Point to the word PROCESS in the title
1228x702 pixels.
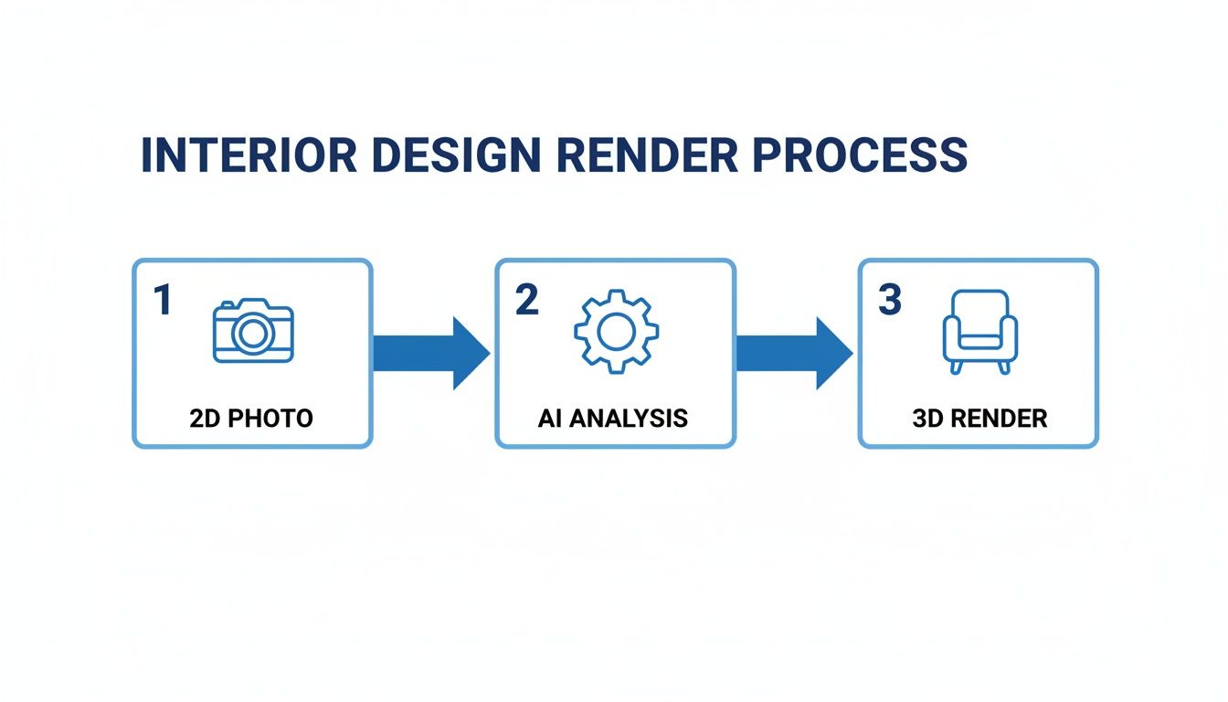tap(860, 155)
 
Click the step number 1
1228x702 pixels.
tap(163, 300)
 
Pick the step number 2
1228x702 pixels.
tap(526, 300)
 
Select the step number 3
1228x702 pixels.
tap(889, 300)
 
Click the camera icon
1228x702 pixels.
tap(253, 330)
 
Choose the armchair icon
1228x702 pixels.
tap(979, 332)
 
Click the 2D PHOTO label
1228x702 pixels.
tap(251, 419)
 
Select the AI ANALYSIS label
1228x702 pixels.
tap(613, 419)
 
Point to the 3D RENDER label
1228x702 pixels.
tap(979, 419)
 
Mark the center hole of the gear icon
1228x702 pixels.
tap(616, 329)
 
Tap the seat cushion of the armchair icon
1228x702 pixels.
tap(979, 342)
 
